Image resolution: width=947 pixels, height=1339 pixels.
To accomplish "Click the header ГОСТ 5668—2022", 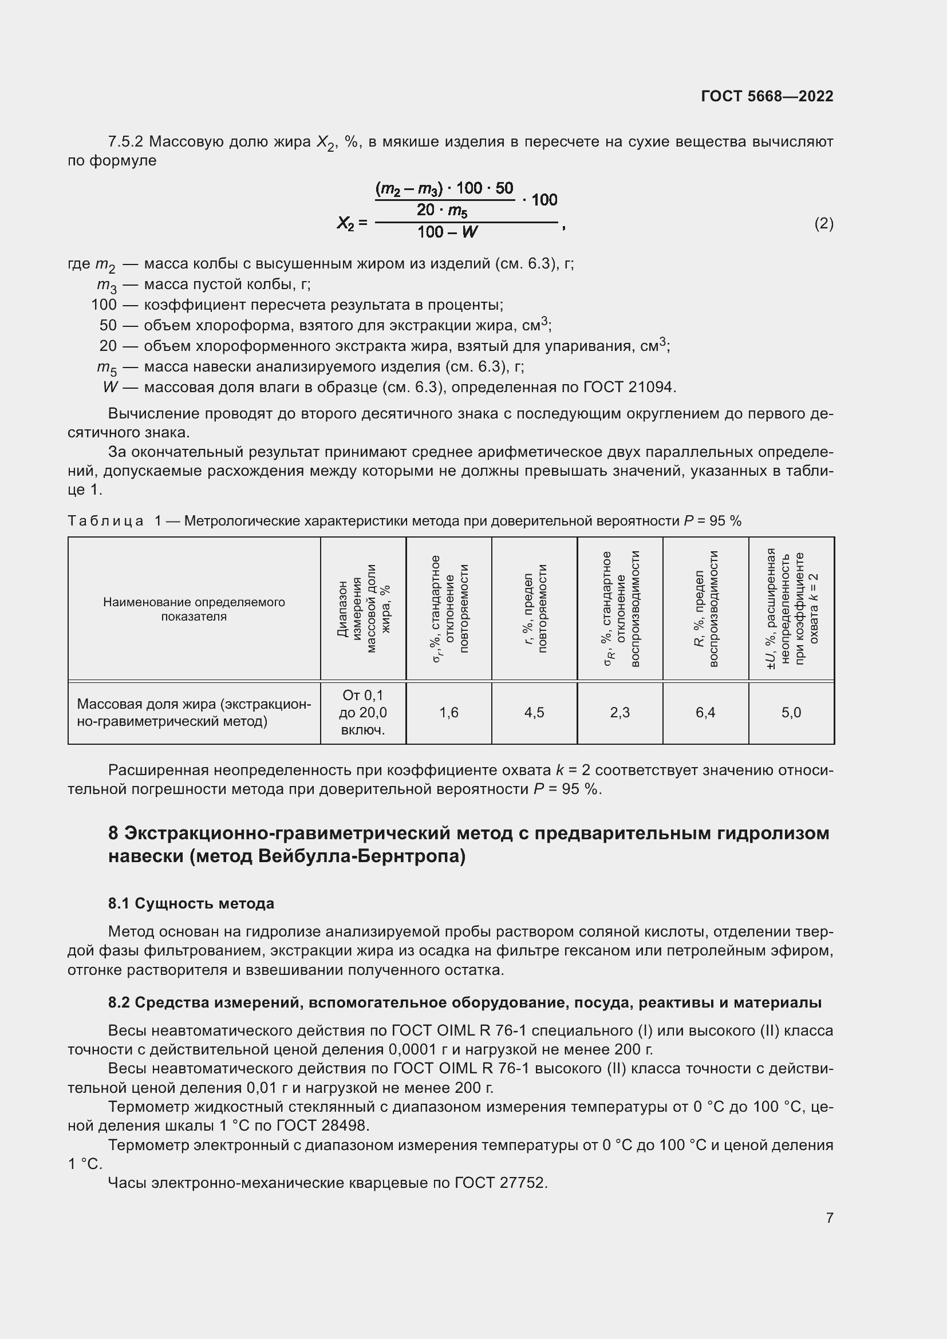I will (767, 96).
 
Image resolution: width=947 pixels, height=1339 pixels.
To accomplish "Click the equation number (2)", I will (823, 223).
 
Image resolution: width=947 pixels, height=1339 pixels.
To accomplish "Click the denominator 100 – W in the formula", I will (447, 232).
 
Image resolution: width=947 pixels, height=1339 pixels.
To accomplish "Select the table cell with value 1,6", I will (448, 712).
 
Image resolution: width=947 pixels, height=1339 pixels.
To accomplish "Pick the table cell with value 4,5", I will (534, 712).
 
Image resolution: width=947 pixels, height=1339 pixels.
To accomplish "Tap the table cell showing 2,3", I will (620, 712).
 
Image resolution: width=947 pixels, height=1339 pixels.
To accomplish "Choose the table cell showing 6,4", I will (705, 712).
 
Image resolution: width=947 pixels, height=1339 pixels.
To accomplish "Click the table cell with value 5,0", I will (791, 712).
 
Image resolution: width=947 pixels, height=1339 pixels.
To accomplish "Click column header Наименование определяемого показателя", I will (194, 609).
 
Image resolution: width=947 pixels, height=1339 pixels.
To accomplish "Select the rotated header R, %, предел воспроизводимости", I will (705, 609).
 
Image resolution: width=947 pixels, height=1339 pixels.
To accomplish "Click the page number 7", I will (829, 1218).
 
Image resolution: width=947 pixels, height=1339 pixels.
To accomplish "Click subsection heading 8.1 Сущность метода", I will (191, 903).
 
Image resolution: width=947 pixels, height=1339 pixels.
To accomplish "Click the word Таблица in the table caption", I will (105, 521).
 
